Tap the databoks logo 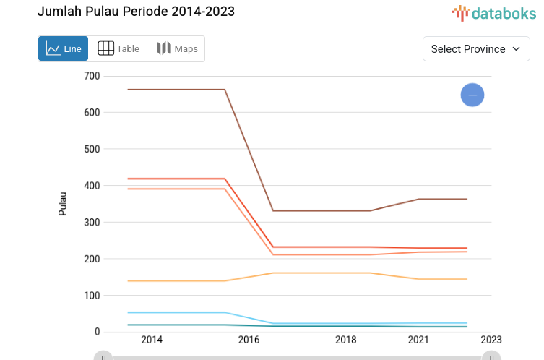494,12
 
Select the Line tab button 63,49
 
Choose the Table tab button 118,49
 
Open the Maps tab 177,49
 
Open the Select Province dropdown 475,49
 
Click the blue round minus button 472,95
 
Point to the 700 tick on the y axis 91,76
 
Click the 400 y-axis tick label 91,186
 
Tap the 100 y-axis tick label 91,295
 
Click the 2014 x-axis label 152,340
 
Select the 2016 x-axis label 249,340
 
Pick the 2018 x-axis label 345,340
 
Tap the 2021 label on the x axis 418,340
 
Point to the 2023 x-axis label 491,340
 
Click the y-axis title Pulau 62,203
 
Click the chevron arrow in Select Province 517,49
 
